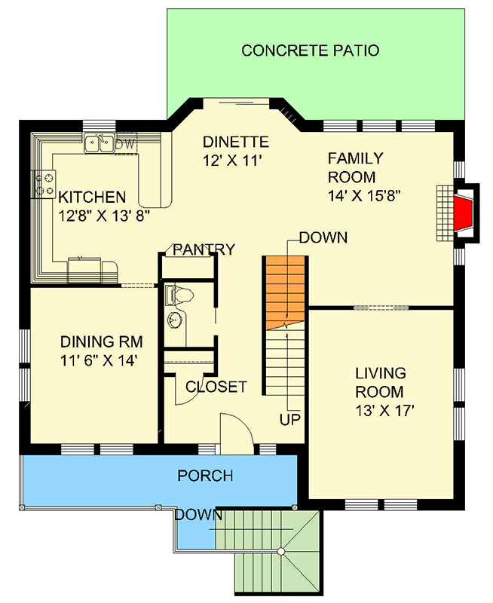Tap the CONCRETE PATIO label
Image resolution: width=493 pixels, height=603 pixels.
(x=310, y=51)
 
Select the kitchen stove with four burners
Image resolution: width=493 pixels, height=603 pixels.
(x=44, y=183)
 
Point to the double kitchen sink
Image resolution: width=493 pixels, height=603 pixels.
(x=99, y=142)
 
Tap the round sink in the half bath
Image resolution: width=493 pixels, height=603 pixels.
(x=176, y=320)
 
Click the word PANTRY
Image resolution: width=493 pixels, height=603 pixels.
(x=204, y=249)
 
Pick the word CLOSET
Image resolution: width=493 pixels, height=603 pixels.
(x=216, y=387)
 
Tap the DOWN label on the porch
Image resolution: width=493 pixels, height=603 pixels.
(x=199, y=516)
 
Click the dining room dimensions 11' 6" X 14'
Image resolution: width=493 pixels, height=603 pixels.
(x=99, y=360)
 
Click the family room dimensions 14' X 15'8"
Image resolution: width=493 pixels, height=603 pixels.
(x=364, y=195)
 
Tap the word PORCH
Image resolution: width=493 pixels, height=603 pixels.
(x=205, y=476)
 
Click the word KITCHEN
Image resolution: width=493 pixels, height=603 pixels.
(x=92, y=197)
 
